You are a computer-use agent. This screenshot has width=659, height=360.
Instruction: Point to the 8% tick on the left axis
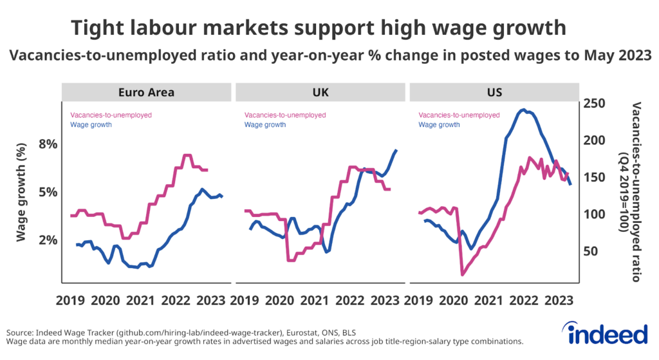47,144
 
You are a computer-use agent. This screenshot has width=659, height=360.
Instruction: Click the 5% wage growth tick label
47,192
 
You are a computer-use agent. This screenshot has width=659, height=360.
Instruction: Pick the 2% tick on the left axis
47,240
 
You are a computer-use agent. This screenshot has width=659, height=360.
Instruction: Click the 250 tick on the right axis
596,103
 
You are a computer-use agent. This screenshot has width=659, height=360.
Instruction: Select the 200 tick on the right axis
596,140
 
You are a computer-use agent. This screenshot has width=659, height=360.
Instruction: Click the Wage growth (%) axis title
21,192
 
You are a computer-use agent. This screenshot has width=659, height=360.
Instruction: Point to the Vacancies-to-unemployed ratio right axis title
630,192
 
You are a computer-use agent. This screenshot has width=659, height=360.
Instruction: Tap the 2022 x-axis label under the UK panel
350,299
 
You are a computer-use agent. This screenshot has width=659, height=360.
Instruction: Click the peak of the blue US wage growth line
524,110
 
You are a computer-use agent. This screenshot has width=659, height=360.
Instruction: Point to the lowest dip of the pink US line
462,275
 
